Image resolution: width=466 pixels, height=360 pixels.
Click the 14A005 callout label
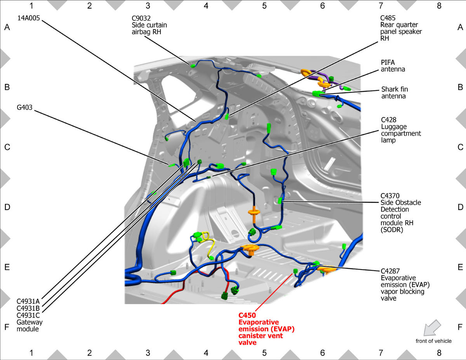click(28, 18)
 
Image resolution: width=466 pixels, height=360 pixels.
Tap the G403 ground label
click(24, 107)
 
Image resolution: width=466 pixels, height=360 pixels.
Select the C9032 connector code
click(141, 18)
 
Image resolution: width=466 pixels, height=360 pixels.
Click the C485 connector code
click(388, 18)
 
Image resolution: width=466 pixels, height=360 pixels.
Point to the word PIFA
click(388, 63)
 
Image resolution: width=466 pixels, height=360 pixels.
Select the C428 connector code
click(389, 120)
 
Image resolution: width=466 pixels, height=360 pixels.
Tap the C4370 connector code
click(390, 196)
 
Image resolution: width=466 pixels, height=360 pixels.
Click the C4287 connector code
click(390, 271)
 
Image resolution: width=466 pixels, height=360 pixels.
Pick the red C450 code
click(247, 315)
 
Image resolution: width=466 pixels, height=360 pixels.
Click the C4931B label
click(28, 308)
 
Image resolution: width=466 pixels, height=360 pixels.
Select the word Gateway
click(30, 322)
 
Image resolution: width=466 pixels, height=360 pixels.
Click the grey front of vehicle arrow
click(432, 328)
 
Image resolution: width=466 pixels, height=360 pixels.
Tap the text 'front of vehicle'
click(434, 341)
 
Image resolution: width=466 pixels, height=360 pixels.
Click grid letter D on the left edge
click(7, 207)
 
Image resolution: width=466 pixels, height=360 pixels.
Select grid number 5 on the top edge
click(264, 6)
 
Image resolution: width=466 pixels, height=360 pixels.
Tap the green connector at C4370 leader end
click(280, 201)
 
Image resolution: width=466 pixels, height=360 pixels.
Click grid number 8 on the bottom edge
click(439, 353)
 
